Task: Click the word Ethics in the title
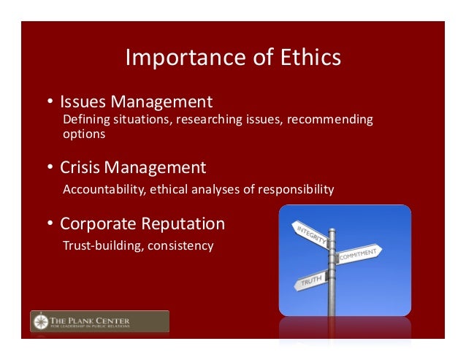(x=307, y=58)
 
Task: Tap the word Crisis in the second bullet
(x=79, y=167)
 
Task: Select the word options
(x=85, y=134)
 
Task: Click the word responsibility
(x=294, y=190)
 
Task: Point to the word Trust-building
(x=102, y=245)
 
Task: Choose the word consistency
(x=180, y=245)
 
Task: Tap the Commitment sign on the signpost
(x=359, y=254)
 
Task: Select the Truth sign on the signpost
(x=310, y=280)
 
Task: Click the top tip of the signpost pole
(x=332, y=230)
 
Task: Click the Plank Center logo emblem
(x=41, y=321)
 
